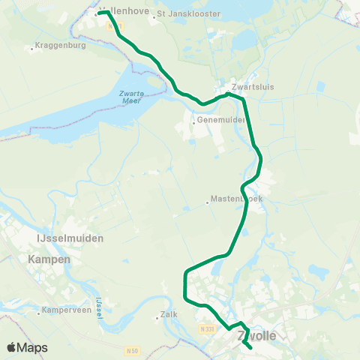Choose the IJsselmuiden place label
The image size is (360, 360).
(70, 238)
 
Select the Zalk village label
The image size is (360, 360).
(169, 315)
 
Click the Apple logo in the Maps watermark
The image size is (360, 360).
(12, 347)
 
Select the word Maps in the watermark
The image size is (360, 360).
(32, 347)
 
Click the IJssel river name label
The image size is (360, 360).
(99, 307)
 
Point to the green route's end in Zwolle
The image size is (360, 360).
(249, 348)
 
